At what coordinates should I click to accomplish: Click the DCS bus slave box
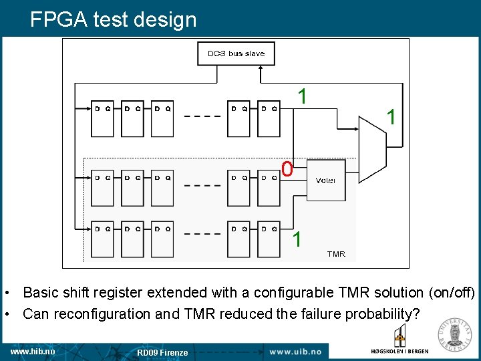click(x=236, y=53)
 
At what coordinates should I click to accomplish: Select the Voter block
click(x=325, y=180)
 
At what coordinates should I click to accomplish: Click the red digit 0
click(x=287, y=170)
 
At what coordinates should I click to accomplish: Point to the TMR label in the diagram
click(x=336, y=254)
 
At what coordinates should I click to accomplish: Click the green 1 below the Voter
click(x=297, y=239)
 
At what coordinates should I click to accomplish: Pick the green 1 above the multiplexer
click(x=302, y=96)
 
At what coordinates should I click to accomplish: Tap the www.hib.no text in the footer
click(x=33, y=351)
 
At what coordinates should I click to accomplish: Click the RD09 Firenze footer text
click(x=162, y=352)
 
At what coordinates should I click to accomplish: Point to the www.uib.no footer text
click(x=295, y=352)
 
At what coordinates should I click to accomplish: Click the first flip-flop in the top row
click(x=103, y=118)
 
